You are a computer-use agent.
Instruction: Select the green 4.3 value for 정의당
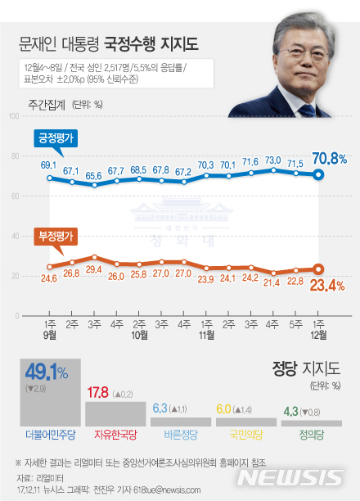click(x=290, y=411)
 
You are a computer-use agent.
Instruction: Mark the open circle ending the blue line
click(x=319, y=174)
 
